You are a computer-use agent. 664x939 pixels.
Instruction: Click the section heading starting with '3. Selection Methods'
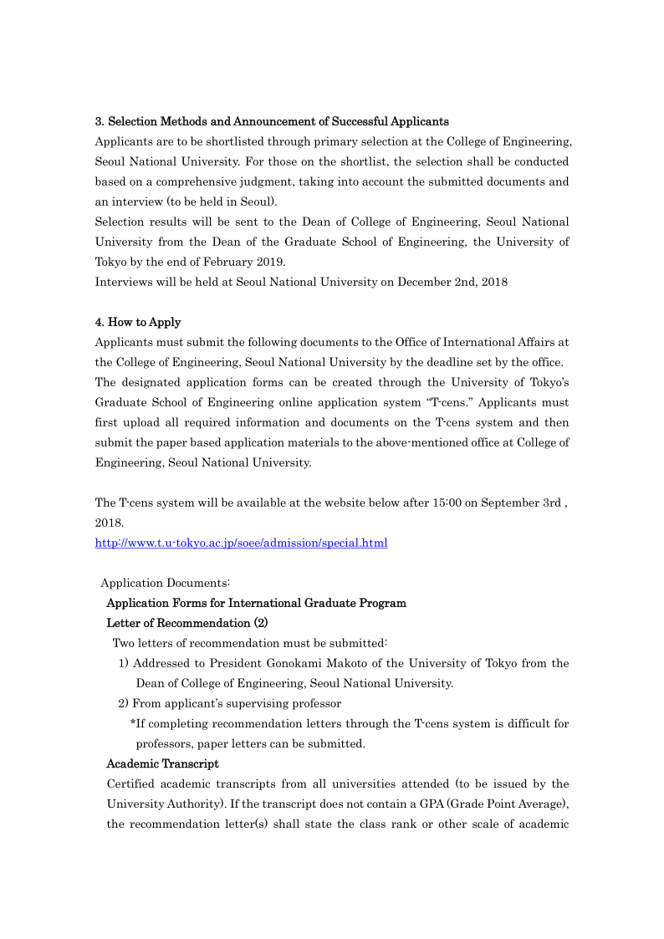click(x=272, y=121)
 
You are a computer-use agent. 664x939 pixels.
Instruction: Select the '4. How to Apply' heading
click(x=138, y=322)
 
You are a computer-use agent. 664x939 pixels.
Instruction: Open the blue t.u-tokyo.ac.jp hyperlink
click(x=241, y=543)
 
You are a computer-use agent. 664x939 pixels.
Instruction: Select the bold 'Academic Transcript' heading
click(x=162, y=763)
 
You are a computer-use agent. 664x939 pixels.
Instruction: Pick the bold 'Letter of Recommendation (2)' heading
click(x=186, y=623)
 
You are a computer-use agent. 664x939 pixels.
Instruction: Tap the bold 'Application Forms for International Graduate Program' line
click(x=256, y=603)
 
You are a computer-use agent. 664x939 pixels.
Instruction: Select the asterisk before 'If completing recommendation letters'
click(x=133, y=723)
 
